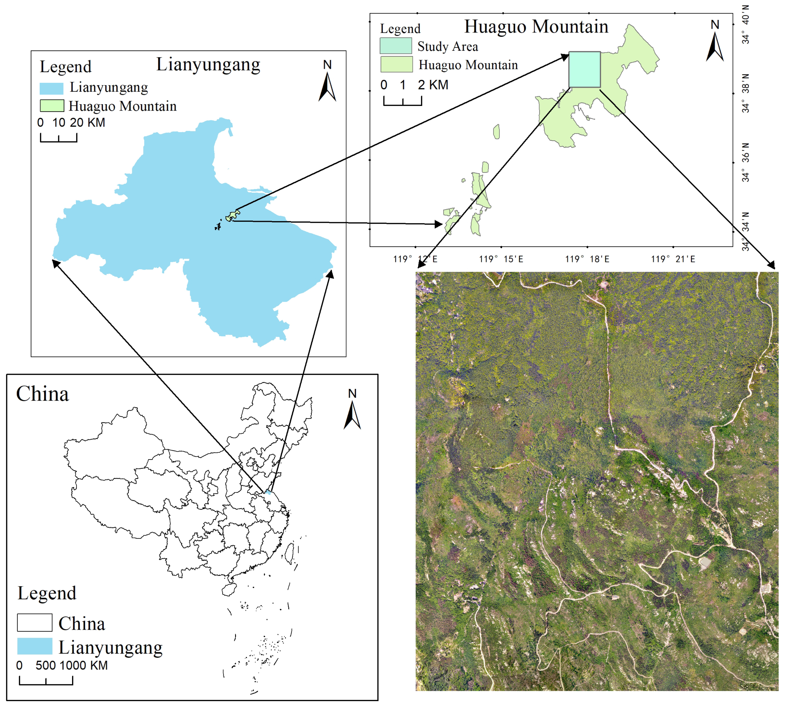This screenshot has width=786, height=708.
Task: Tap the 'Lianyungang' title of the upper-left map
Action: tap(208, 65)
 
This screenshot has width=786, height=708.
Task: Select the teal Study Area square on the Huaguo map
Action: tap(584, 69)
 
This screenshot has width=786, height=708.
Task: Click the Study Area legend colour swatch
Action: tap(395, 45)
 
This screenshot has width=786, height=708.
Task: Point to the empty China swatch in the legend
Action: tap(35, 622)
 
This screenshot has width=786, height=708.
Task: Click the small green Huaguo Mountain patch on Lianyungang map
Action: tap(232, 215)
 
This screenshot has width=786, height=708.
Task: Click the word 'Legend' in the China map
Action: tap(47, 593)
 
